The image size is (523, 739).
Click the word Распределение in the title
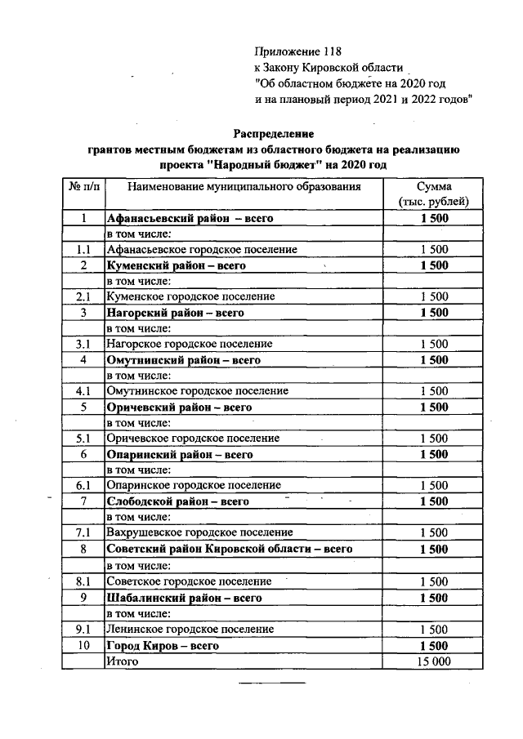tap(274, 133)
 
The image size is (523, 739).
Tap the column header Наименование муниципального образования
tap(244, 187)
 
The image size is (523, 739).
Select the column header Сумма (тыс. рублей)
tap(433, 194)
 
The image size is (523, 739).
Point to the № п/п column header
tap(83, 187)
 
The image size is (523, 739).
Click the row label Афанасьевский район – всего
tap(190, 219)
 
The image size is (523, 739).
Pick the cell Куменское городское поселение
tap(190, 296)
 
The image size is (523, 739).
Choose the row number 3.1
tap(83, 344)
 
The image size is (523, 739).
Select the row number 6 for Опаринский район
tap(83, 454)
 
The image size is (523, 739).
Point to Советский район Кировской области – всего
tap(229, 550)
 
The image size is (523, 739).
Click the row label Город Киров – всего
tap(163, 645)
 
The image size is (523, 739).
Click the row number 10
tap(83, 645)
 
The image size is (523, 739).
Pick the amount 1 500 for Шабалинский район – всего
tap(434, 598)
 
